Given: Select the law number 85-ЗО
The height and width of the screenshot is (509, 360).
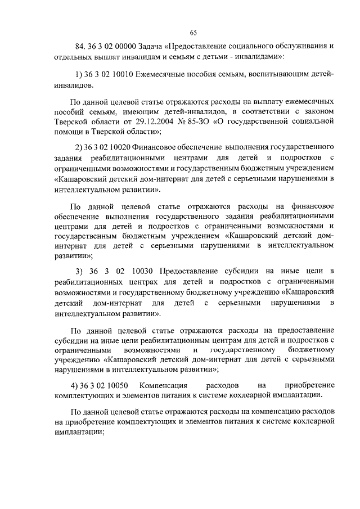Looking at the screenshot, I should (206, 122).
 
